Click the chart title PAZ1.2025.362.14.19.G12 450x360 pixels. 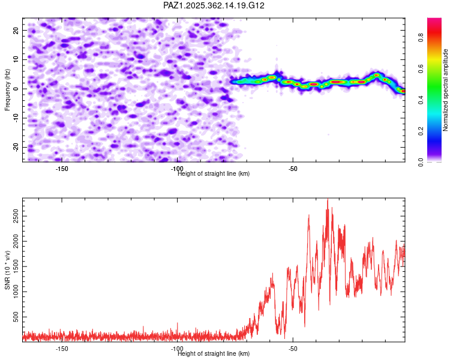click(x=214, y=5)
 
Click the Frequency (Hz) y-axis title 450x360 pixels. click(x=7, y=89)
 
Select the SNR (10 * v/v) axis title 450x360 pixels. click(x=7, y=269)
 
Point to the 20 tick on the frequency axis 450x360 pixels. click(x=16, y=29)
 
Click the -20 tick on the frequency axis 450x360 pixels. click(x=15, y=147)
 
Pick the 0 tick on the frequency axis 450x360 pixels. click(x=18, y=88)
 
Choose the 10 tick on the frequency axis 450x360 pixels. click(x=16, y=59)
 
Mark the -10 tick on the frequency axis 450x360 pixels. click(x=15, y=118)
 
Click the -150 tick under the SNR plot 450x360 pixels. click(x=61, y=349)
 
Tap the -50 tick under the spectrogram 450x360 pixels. click(x=293, y=169)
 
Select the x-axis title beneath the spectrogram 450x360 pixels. click(x=214, y=173)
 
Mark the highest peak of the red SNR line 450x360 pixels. click(x=328, y=199)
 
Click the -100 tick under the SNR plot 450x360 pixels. click(x=177, y=349)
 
